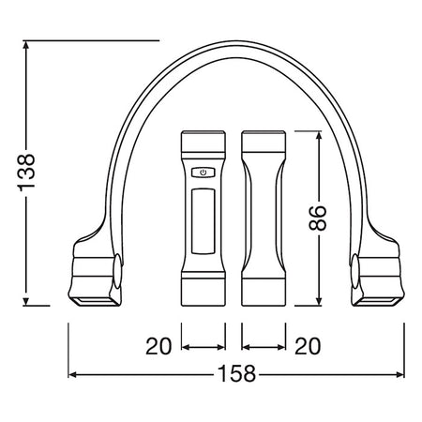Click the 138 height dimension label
pos(26,173)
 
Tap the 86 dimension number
pos(318,218)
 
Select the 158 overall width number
pos(236,374)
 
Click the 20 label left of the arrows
pos(158,346)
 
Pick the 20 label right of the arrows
pos(308,346)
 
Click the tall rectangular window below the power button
pos(203,221)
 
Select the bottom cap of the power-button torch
pos(203,291)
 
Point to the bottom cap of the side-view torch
pos(264,291)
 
